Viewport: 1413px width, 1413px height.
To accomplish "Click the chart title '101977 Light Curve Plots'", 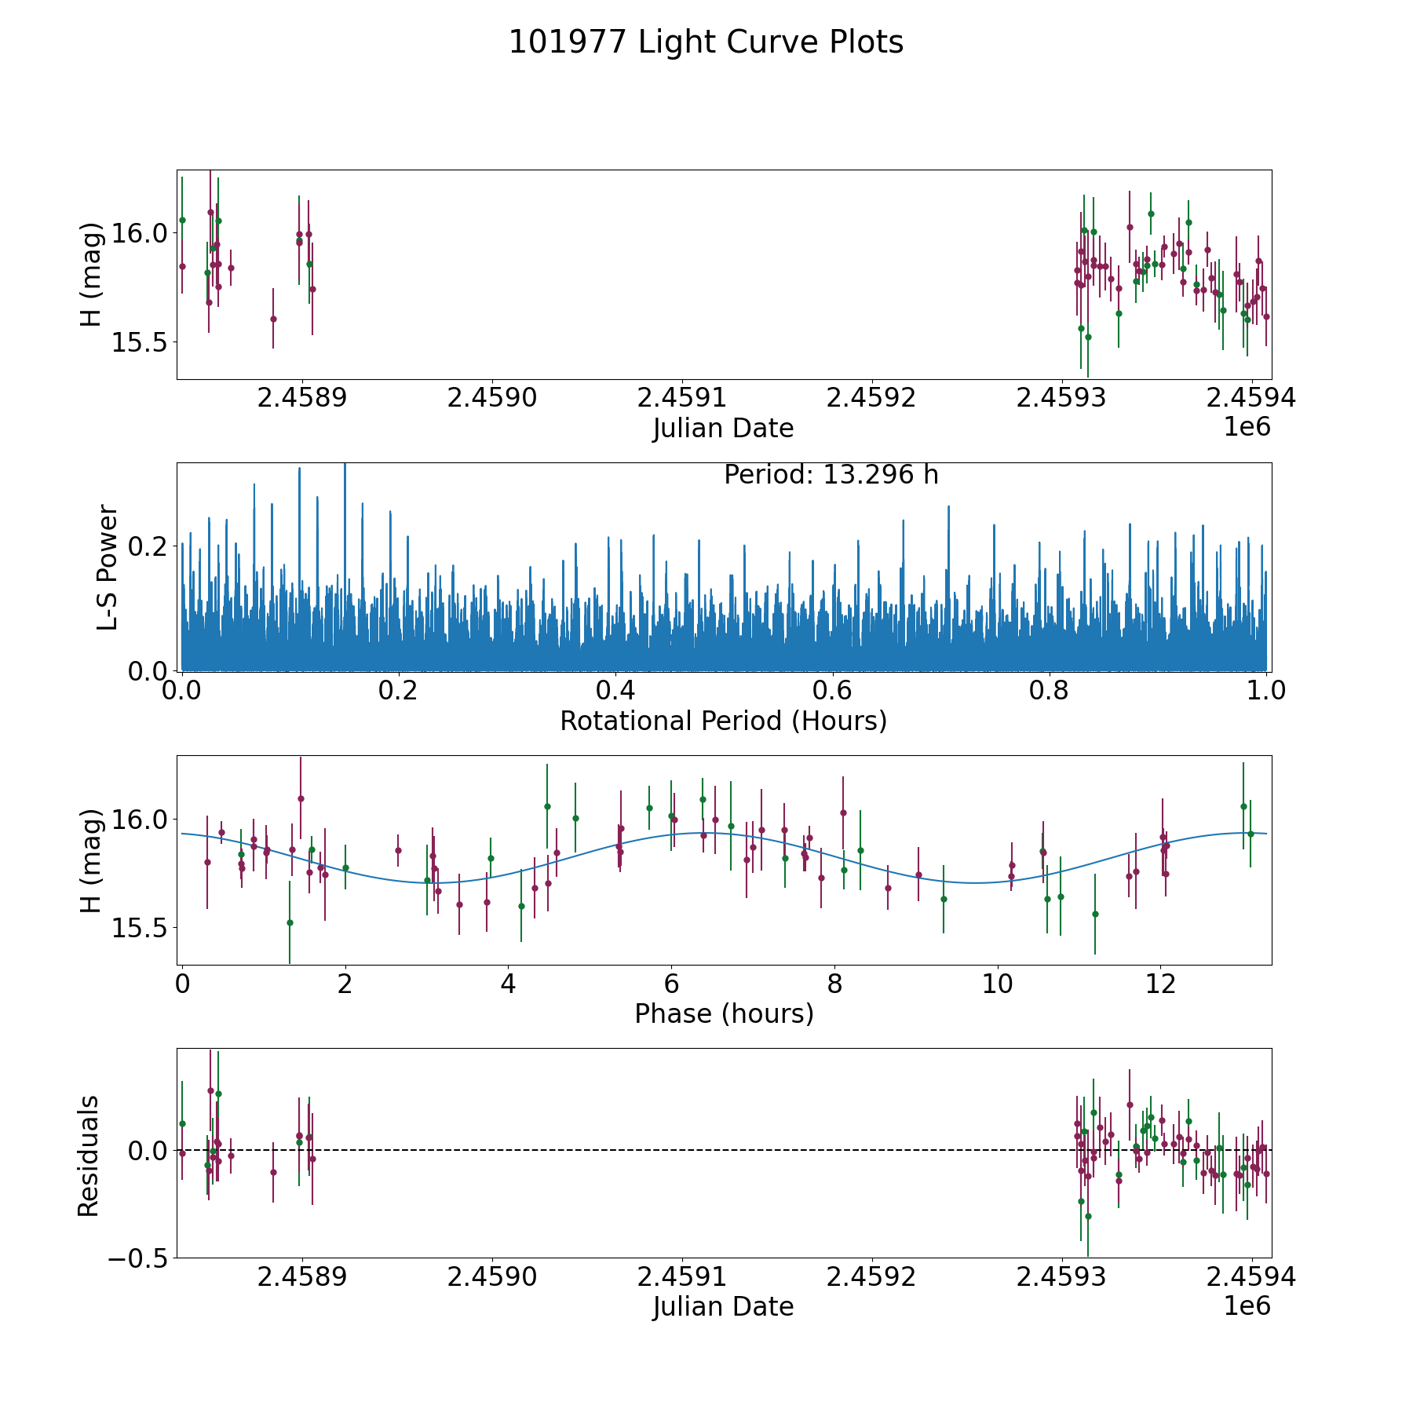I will click(x=706, y=42).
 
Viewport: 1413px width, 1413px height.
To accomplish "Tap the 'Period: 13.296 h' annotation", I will click(x=831, y=475).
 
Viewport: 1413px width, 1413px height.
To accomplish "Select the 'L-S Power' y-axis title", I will click(x=108, y=567).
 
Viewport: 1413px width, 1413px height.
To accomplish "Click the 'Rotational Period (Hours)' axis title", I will click(x=723, y=721).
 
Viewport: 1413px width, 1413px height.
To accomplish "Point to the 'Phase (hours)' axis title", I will click(x=723, y=1013).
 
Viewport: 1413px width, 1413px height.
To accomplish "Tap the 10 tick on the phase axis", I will click(x=998, y=984).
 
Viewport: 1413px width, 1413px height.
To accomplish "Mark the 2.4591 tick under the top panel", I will click(x=681, y=398).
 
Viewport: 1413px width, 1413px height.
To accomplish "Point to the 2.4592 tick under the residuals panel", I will click(x=871, y=1277).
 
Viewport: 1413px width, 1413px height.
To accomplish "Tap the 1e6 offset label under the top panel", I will click(x=1247, y=427).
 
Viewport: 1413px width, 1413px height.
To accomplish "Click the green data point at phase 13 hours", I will click(x=1243, y=806).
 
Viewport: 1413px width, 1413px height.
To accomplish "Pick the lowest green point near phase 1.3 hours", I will click(x=290, y=922).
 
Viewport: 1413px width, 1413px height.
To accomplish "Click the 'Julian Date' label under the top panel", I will click(x=723, y=429).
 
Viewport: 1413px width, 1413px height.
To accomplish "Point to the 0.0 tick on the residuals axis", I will click(x=148, y=1151).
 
